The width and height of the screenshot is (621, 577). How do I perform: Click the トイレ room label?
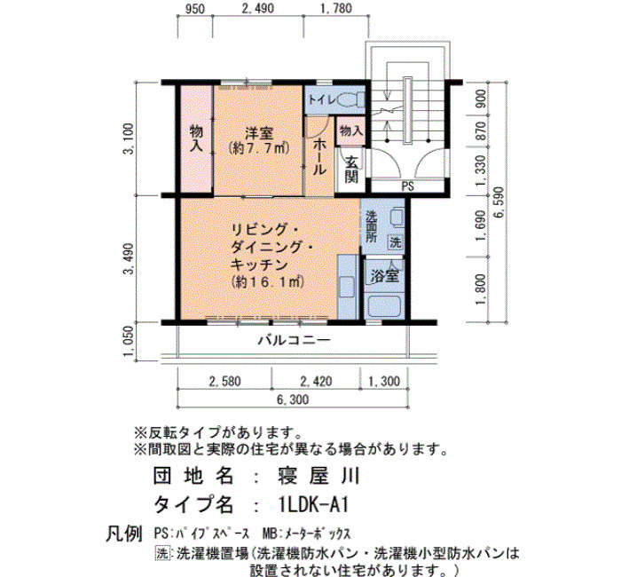point(322,99)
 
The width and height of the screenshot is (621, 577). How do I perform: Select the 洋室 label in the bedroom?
point(259,133)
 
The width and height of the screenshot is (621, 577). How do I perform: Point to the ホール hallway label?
point(319,157)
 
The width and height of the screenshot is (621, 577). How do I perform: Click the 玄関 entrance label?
point(351,169)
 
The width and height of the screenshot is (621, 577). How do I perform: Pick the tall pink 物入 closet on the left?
point(196,140)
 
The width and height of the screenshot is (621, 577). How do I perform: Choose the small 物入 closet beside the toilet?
point(351,130)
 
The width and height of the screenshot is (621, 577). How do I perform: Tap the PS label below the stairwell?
point(407,186)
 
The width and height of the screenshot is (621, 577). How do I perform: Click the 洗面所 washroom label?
point(371,226)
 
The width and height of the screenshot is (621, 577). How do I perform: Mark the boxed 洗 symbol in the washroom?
point(396,242)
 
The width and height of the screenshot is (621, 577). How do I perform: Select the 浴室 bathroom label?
point(384,276)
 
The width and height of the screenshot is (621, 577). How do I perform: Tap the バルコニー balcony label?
point(295,340)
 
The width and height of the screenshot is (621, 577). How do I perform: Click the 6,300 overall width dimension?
point(293,399)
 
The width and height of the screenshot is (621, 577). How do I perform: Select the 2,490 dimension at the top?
point(257,8)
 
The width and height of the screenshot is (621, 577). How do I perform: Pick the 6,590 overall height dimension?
point(499,202)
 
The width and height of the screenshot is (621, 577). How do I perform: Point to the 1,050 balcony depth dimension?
point(130,342)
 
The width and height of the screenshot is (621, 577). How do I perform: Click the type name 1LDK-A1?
point(313,505)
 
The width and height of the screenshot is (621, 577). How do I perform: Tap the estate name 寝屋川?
point(318,476)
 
